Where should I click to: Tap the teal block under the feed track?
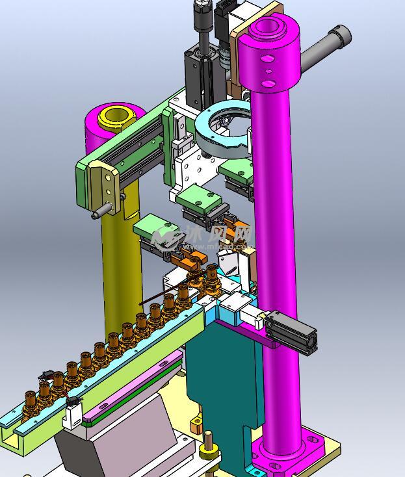(x=221, y=370)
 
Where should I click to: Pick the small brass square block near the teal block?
(x=196, y=425)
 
